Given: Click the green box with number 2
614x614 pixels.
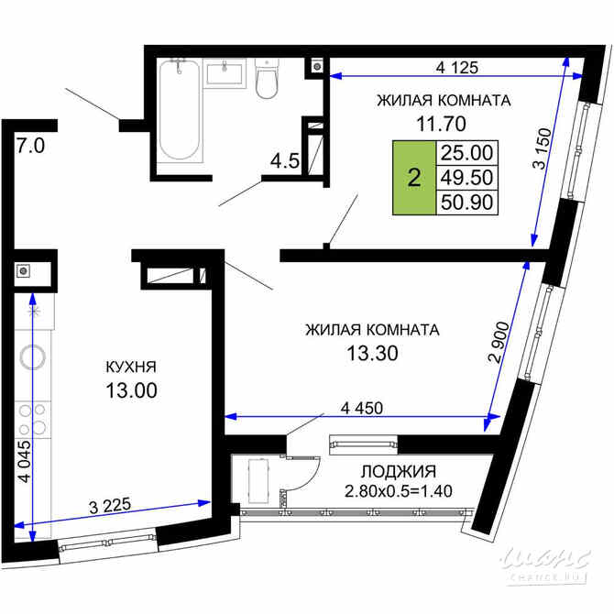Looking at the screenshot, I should [414, 178].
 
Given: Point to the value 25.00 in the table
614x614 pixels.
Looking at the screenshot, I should [466, 153].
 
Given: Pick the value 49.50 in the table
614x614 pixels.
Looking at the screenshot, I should [466, 178].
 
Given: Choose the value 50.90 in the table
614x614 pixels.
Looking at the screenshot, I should [466, 203].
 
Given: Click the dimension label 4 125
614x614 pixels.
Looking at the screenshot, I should [458, 67].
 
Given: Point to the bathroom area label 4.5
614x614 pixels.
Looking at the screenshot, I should [283, 162].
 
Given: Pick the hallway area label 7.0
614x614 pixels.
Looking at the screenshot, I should [30, 145].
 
